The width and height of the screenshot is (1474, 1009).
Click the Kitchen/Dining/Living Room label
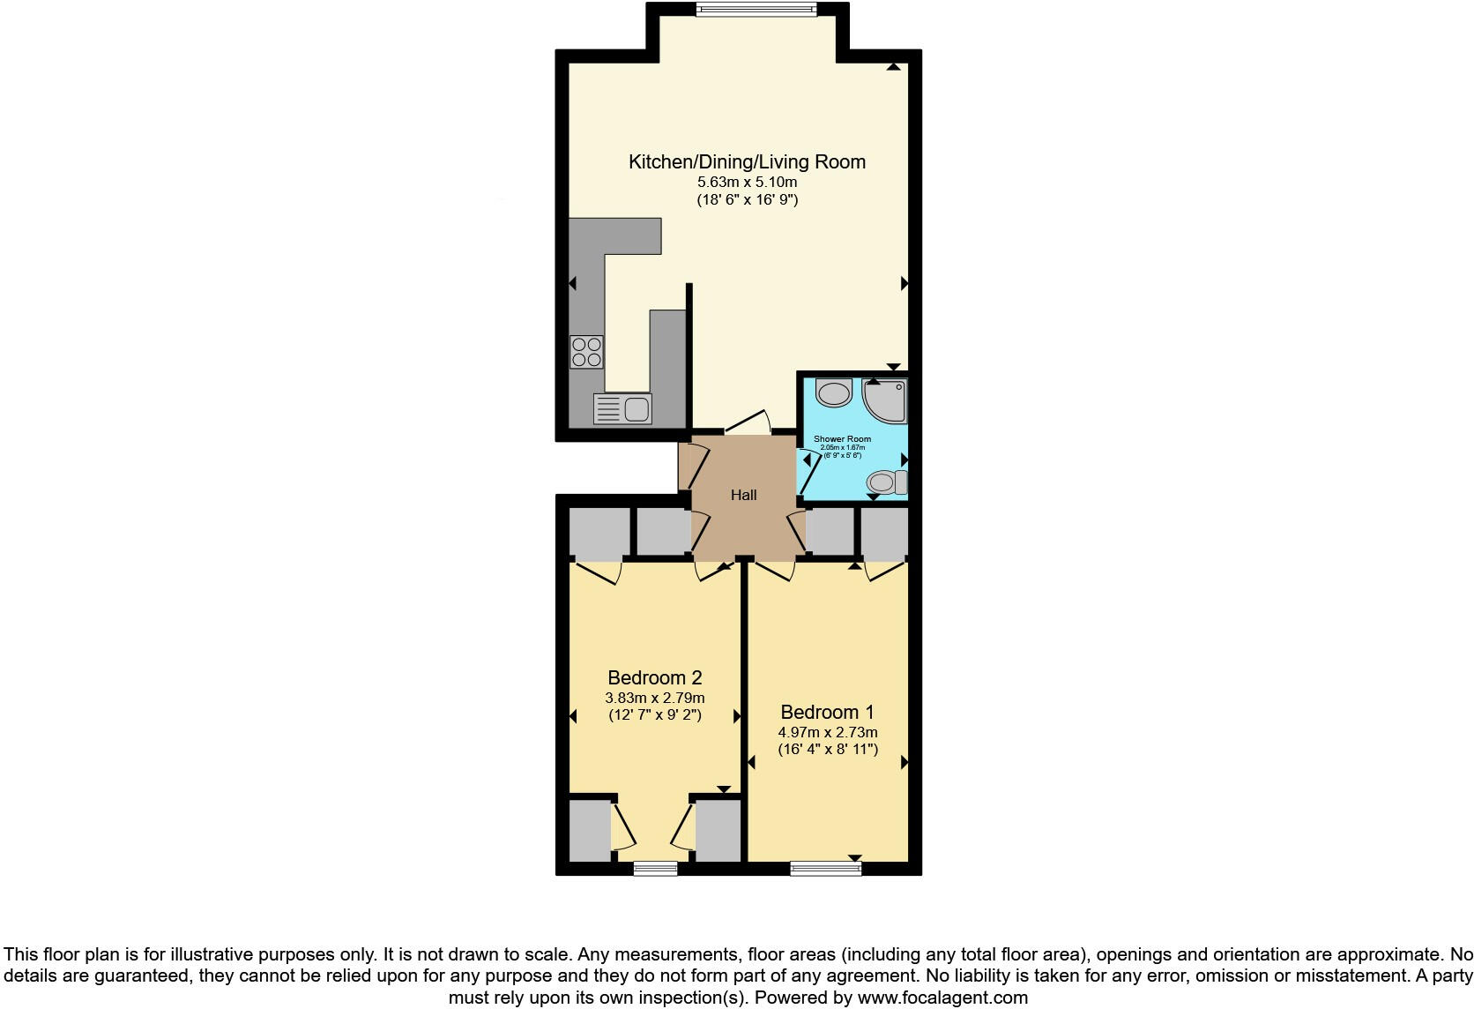747,162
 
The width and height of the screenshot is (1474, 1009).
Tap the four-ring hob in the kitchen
586,352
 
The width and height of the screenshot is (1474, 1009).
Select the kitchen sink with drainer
622,408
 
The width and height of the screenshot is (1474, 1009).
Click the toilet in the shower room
886,482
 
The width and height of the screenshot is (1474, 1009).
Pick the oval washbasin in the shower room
832,392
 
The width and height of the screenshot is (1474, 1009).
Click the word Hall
743,496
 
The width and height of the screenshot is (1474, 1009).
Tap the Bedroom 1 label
827,712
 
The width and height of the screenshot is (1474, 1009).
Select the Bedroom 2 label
654,677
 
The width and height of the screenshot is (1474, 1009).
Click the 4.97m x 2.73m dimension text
827,732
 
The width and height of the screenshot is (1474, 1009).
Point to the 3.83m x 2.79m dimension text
654,698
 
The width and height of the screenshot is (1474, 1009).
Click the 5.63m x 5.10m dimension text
747,183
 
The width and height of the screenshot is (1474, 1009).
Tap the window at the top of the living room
756,10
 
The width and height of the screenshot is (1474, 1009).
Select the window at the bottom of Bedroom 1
826,869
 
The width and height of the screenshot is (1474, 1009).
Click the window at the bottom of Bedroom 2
656,869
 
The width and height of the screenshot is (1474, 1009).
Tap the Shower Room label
842,439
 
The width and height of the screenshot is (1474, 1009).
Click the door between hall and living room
748,422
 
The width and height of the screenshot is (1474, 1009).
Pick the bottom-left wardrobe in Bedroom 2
589,830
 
